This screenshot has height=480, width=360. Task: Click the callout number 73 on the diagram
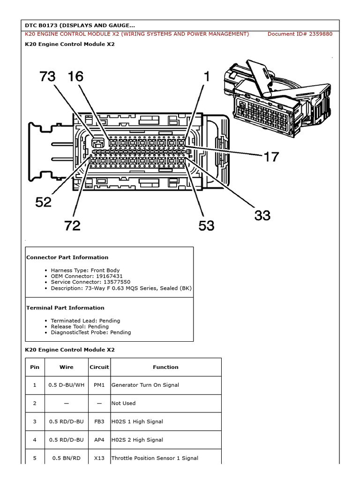click(48, 76)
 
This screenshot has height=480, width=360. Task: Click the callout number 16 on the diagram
click(76, 76)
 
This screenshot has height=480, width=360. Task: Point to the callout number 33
click(262, 215)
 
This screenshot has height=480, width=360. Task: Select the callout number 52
click(44, 202)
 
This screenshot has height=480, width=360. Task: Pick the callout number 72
click(73, 226)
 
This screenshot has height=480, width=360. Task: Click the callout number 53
click(206, 225)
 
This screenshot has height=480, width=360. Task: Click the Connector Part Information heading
click(67, 257)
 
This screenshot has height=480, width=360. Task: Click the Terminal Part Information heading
click(65, 308)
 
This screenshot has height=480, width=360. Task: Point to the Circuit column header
click(99, 367)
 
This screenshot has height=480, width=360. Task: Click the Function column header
click(165, 367)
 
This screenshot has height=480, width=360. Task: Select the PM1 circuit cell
click(99, 385)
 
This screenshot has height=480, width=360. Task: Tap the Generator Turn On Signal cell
click(145, 385)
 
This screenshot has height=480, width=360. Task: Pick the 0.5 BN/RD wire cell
click(66, 458)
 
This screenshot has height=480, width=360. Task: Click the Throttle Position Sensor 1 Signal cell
click(155, 458)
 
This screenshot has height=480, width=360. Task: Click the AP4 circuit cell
click(99, 440)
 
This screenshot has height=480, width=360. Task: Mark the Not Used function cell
click(123, 403)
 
